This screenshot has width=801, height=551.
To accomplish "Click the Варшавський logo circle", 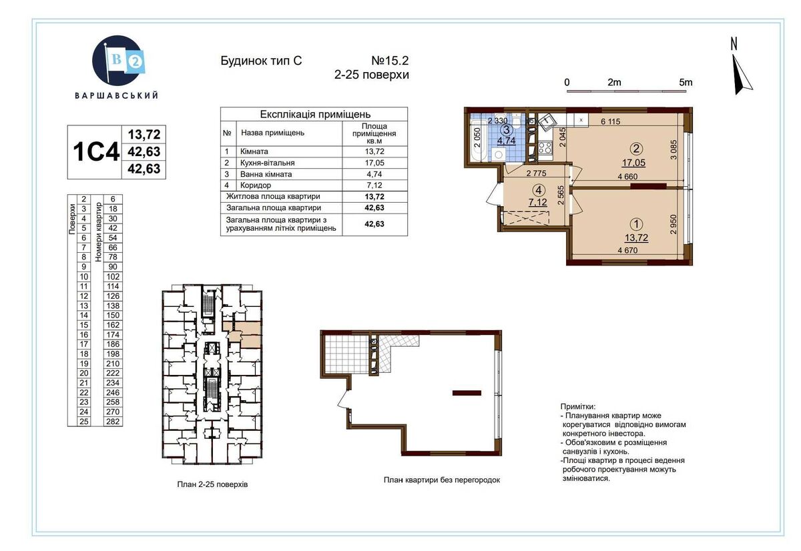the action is (117, 61).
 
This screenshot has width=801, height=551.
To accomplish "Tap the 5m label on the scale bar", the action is (686, 83).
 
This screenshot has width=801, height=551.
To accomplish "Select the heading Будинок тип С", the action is (261, 61).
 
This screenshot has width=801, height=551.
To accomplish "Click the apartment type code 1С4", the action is (96, 151).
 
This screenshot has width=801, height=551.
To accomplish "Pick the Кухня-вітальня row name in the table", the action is (268, 163).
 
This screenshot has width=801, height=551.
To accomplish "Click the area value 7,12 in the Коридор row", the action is (374, 185).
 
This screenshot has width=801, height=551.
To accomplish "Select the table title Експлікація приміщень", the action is (314, 114).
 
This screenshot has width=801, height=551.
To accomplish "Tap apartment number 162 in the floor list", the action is (113, 325).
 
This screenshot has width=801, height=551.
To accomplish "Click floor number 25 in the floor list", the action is (83, 422).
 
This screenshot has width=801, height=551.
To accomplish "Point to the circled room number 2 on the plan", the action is (637, 149).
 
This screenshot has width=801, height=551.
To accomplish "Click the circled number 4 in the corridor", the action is (539, 189).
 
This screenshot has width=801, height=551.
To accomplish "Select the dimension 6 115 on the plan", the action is (610, 121).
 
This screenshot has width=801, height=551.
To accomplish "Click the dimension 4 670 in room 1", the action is (627, 250).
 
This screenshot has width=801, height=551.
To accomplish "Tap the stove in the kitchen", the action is (545, 148).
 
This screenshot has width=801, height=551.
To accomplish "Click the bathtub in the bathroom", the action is (478, 141).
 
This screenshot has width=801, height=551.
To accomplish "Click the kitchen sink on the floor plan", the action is (546, 122).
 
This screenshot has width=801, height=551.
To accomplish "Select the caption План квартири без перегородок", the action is (442, 480).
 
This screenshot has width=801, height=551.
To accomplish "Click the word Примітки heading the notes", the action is (578, 406).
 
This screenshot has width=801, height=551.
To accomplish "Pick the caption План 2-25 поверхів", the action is (212, 484).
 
